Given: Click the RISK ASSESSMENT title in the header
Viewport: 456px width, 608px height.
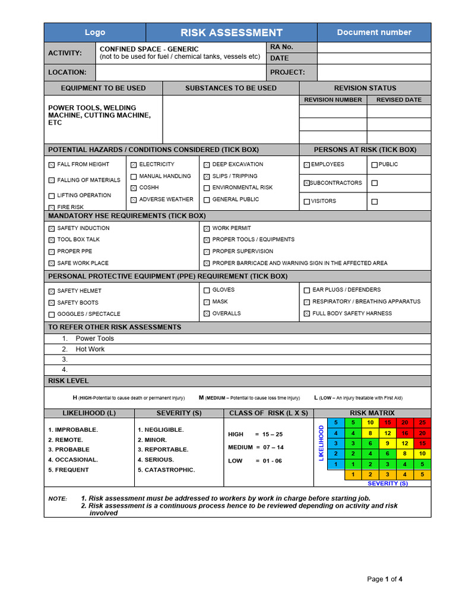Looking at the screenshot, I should (232, 33).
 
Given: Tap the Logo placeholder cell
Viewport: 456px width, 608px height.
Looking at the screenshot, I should (95, 33).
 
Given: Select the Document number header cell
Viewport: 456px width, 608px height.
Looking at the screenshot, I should (374, 33).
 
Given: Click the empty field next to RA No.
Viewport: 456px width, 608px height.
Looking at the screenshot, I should (374, 47).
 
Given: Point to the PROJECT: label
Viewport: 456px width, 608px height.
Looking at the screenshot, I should (287, 72).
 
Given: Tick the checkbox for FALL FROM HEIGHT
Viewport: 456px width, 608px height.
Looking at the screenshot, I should (52, 164).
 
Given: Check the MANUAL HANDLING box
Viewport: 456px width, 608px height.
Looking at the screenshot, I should (134, 176).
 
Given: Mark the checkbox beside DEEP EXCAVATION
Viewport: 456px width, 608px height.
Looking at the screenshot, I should (207, 164).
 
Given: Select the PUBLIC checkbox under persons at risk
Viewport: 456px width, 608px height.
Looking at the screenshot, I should (374, 164).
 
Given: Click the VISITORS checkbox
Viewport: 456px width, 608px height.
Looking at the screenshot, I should (306, 201).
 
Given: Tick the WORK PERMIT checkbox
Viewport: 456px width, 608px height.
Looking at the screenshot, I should (207, 229).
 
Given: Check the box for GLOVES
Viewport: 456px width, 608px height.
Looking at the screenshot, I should (207, 290).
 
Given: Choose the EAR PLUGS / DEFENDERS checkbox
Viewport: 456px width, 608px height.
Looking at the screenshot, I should (307, 290).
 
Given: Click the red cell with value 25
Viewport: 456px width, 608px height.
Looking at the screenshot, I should (422, 423).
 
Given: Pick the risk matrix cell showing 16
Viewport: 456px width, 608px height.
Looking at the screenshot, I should (405, 433).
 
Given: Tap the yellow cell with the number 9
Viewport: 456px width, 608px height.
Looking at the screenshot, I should (388, 444).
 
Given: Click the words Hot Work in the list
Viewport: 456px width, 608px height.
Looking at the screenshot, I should (90, 349).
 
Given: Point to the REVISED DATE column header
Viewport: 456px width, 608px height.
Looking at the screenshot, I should (399, 100).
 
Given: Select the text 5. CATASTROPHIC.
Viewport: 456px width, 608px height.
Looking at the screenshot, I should (166, 470).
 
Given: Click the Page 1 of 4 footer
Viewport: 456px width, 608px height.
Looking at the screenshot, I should (385, 579).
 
